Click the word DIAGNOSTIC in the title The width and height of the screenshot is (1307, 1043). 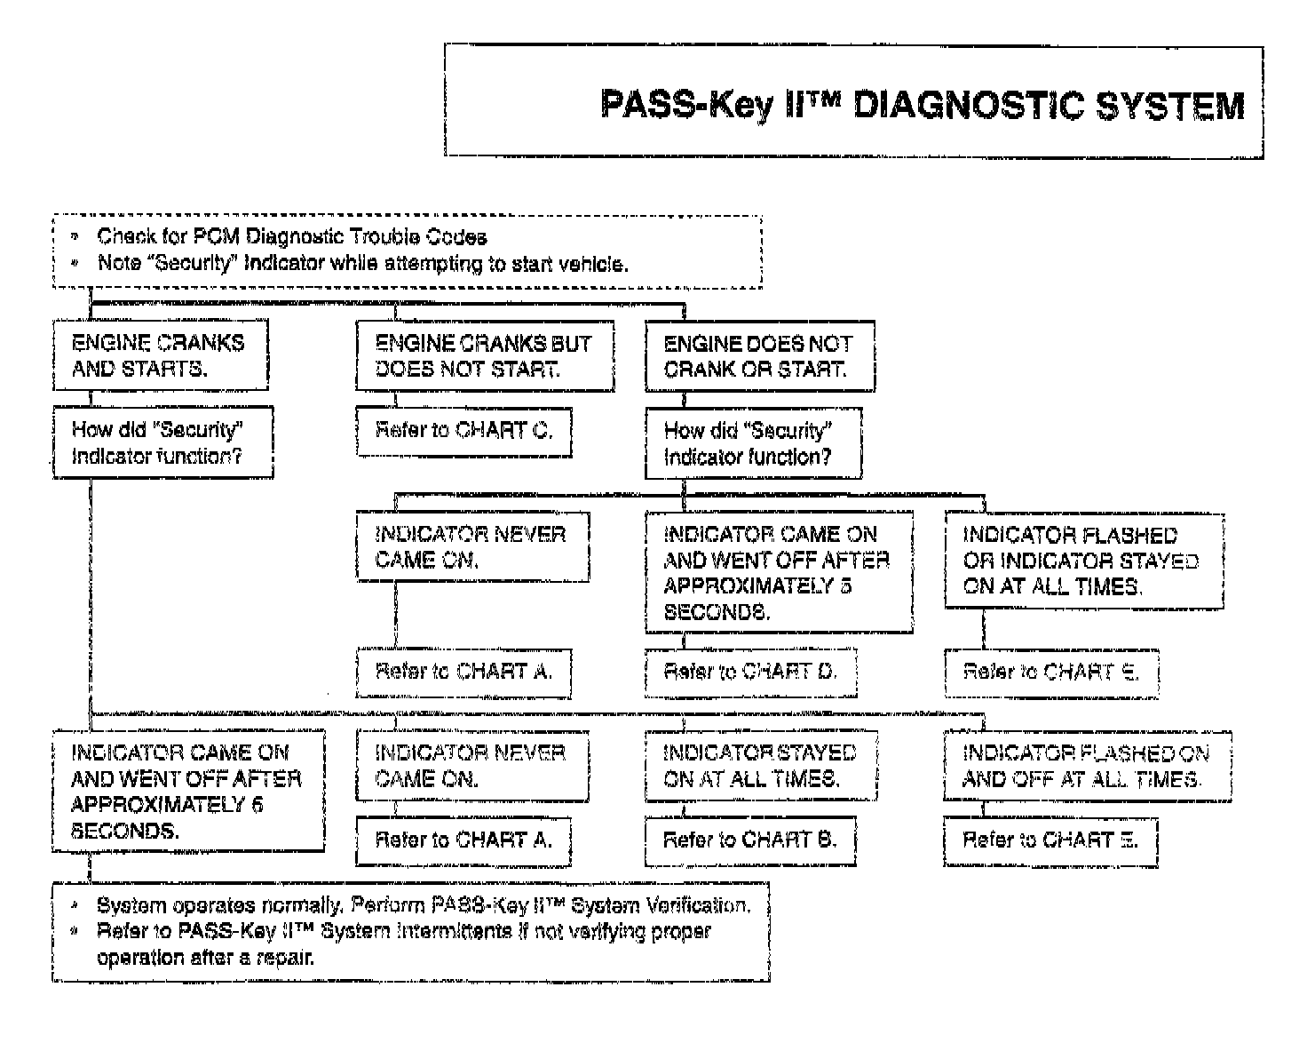click(x=966, y=105)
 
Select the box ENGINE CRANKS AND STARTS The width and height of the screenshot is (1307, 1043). click(x=160, y=355)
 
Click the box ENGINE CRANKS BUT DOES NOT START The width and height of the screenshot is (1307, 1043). click(x=485, y=355)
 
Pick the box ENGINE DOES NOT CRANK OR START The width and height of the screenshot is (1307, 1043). click(x=759, y=355)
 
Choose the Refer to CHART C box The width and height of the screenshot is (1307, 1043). click(x=463, y=431)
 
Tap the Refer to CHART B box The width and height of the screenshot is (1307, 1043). click(x=750, y=840)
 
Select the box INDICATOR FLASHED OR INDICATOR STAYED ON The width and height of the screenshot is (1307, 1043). click(x=1083, y=561)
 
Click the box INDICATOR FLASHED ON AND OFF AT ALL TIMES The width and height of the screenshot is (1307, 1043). click(x=1087, y=766)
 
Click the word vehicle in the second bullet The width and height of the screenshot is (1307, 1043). click(x=594, y=264)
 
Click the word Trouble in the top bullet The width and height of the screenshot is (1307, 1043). click(x=384, y=237)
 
